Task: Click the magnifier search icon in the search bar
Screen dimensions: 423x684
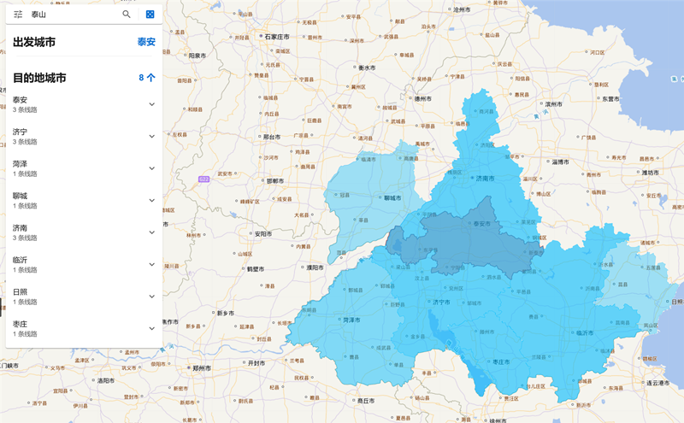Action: tap(127, 15)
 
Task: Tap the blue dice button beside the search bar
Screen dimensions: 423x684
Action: tap(150, 15)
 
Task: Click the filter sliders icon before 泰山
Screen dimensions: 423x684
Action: tap(18, 15)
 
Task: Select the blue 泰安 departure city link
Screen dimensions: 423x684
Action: tap(146, 42)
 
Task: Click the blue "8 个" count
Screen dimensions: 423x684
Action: tap(147, 78)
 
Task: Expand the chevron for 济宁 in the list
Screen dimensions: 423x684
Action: tap(152, 136)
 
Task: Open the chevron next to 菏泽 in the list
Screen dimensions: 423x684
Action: tap(152, 168)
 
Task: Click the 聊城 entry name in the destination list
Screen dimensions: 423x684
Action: tap(20, 196)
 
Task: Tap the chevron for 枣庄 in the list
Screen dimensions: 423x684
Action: tap(152, 328)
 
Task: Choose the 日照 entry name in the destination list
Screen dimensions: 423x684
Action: tap(20, 291)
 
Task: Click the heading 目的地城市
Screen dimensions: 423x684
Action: tap(39, 78)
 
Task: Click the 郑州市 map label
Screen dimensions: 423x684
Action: tap(203, 368)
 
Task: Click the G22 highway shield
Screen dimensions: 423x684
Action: tap(203, 179)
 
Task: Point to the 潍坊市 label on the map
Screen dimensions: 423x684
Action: tap(647, 172)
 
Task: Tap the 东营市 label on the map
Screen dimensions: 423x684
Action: tap(610, 99)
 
